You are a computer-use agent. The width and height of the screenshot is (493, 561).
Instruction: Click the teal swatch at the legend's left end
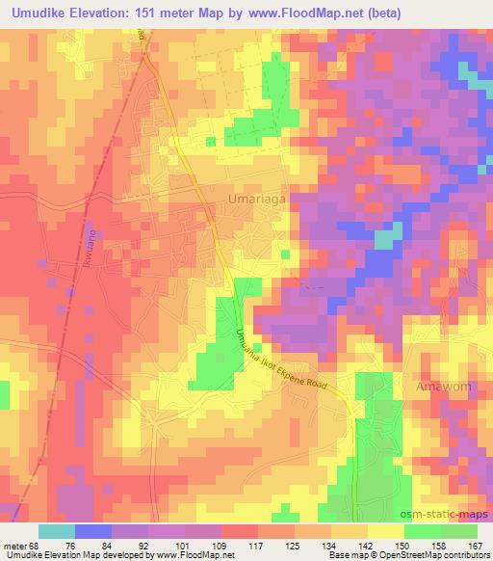tap(57, 531)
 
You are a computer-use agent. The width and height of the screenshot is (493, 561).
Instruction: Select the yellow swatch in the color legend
tap(385, 531)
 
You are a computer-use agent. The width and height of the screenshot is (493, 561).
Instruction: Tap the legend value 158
tap(438, 546)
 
